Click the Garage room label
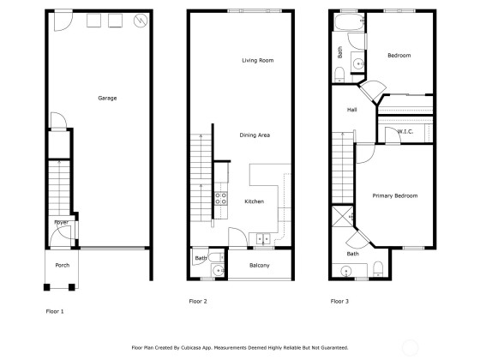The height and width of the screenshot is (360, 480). pos(107,98)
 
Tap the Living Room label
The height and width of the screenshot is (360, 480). pos(258,60)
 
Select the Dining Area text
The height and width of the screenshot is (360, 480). pos(255,135)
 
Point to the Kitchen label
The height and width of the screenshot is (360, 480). pos(254,201)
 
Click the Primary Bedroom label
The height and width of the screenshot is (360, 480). pos(395,195)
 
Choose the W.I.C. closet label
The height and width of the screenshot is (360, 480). pos(405,132)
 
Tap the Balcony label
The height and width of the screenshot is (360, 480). pos(259,266)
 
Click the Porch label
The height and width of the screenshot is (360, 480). pos(63,265)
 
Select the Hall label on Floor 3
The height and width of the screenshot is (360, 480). pos(351,110)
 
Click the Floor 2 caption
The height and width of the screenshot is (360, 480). pos(198,301)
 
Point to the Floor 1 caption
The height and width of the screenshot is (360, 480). pos(55,311)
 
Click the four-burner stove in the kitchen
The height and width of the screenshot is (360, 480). pos(221,198)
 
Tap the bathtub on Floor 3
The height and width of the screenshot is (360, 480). pos(350,21)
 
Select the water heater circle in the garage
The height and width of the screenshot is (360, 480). pos(141,21)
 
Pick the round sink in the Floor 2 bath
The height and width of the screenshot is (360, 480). pos(219,271)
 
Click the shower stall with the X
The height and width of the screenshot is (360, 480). pos(343,216)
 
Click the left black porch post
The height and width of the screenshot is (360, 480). pos(46,287)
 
